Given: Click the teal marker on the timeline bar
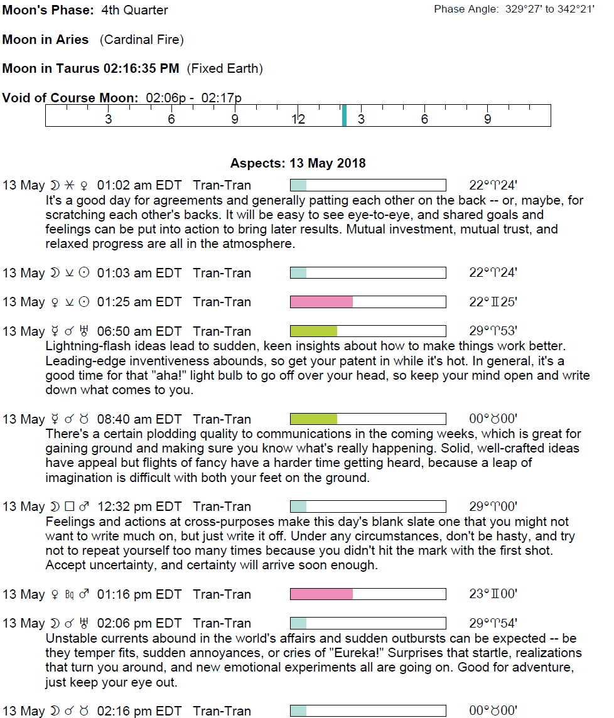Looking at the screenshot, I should tap(344, 115).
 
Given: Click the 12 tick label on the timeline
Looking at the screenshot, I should tap(298, 119).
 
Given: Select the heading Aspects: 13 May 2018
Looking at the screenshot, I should tap(298, 163).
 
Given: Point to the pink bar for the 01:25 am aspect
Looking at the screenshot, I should tap(321, 302).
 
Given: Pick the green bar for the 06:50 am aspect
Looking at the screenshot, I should tap(314, 331).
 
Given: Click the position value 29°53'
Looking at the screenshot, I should tap(493, 331).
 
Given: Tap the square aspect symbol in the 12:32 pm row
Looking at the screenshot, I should tap(70, 506).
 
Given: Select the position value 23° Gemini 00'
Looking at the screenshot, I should tap(493, 594).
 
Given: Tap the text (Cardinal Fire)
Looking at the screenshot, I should tap(141, 40).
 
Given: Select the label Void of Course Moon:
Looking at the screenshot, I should tap(70, 98).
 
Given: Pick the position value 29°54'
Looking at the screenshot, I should tap(493, 623).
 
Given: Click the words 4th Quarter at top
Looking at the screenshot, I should tap(134, 10).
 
